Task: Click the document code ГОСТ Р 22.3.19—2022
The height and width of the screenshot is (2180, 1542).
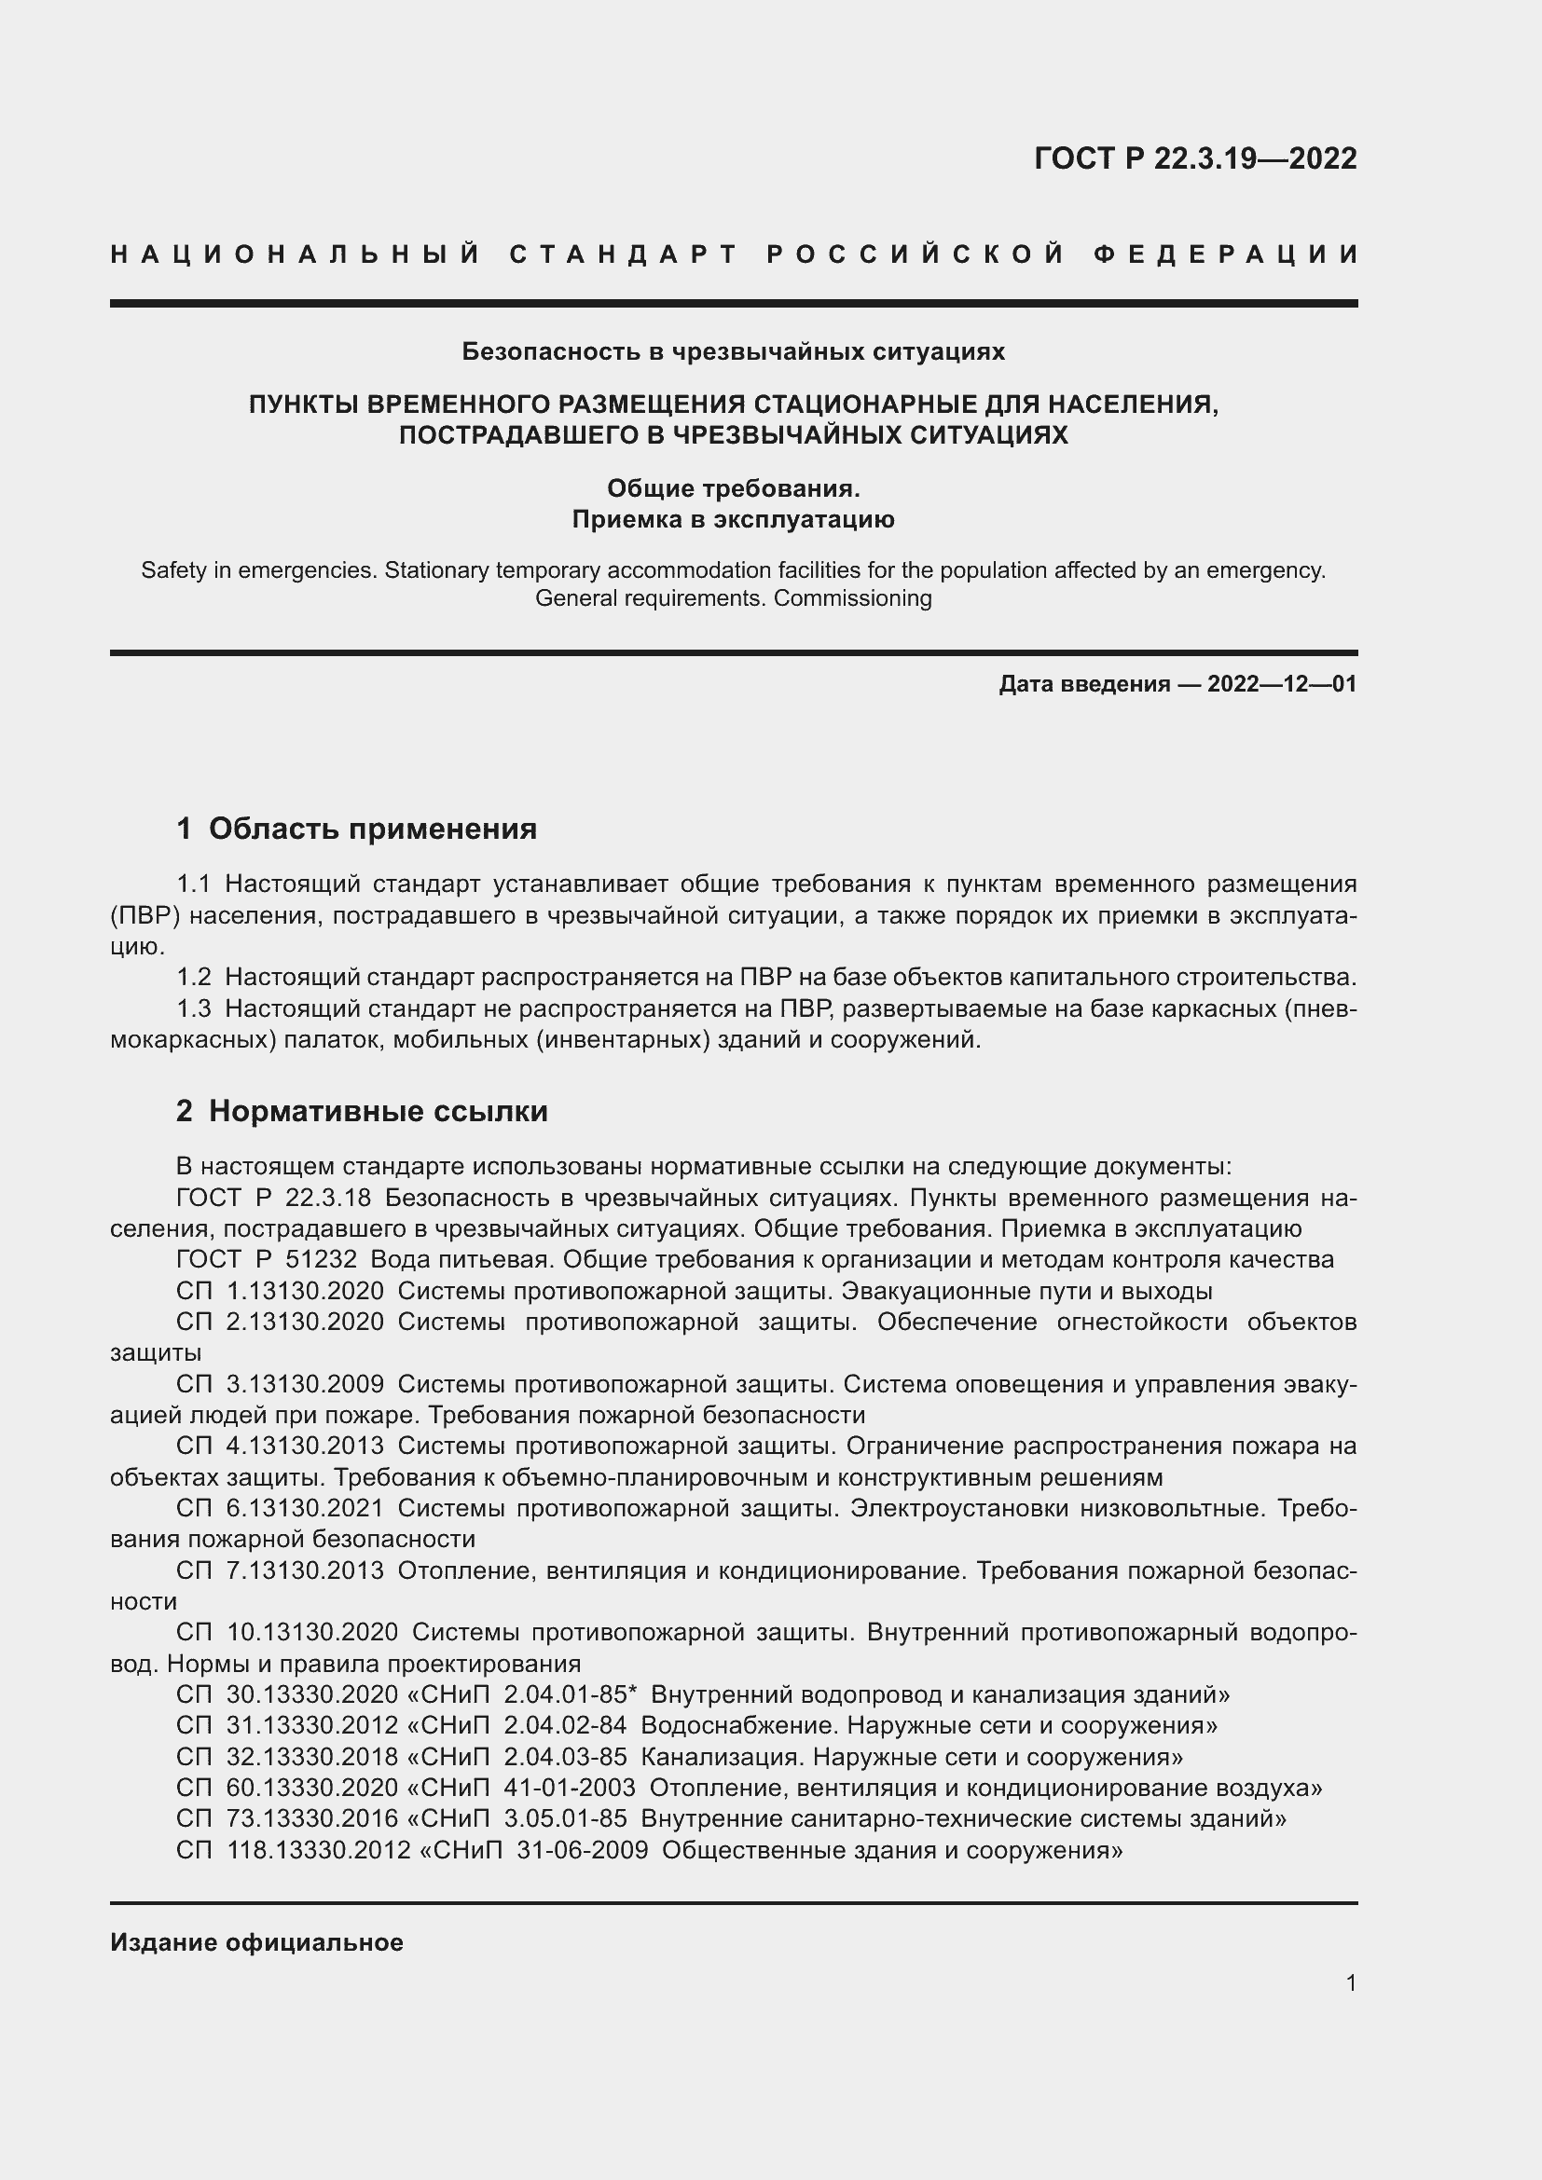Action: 1194,158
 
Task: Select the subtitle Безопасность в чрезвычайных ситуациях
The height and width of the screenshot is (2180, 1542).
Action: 733,351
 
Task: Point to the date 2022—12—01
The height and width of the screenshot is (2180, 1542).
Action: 1281,683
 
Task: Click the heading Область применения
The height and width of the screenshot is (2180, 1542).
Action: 372,829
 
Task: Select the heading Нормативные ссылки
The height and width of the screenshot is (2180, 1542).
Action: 378,1111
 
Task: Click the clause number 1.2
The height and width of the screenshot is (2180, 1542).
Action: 194,977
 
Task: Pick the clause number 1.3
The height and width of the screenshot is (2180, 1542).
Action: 194,1008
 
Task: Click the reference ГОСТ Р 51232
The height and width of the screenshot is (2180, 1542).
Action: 266,1260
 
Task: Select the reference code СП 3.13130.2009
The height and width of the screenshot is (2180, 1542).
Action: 280,1384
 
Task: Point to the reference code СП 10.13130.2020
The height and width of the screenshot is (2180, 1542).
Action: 287,1632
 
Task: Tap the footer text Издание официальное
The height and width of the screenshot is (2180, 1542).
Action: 256,1942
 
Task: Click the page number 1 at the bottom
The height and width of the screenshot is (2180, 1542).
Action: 1350,1983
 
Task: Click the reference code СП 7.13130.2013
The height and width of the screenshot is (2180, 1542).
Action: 280,1570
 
